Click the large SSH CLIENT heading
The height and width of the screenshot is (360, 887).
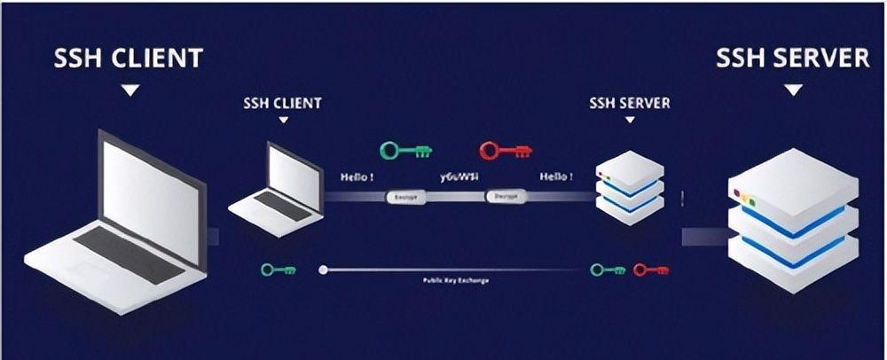[x=130, y=59]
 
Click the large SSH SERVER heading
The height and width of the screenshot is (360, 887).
[x=793, y=58]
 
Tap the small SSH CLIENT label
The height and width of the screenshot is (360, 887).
[x=281, y=103]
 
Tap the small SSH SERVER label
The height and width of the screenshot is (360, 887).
[x=630, y=103]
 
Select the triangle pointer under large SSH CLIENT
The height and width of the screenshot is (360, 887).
[x=130, y=90]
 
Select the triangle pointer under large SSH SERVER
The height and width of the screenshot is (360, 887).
[x=794, y=90]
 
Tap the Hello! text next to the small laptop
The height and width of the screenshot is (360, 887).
[x=357, y=177]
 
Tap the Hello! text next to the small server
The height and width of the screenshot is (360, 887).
[x=556, y=177]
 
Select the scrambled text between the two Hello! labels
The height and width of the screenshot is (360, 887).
[x=457, y=177]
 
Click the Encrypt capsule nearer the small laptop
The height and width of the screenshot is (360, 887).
[x=404, y=196]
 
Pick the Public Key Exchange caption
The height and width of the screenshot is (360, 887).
[x=456, y=280]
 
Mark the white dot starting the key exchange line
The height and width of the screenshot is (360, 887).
[x=323, y=269]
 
